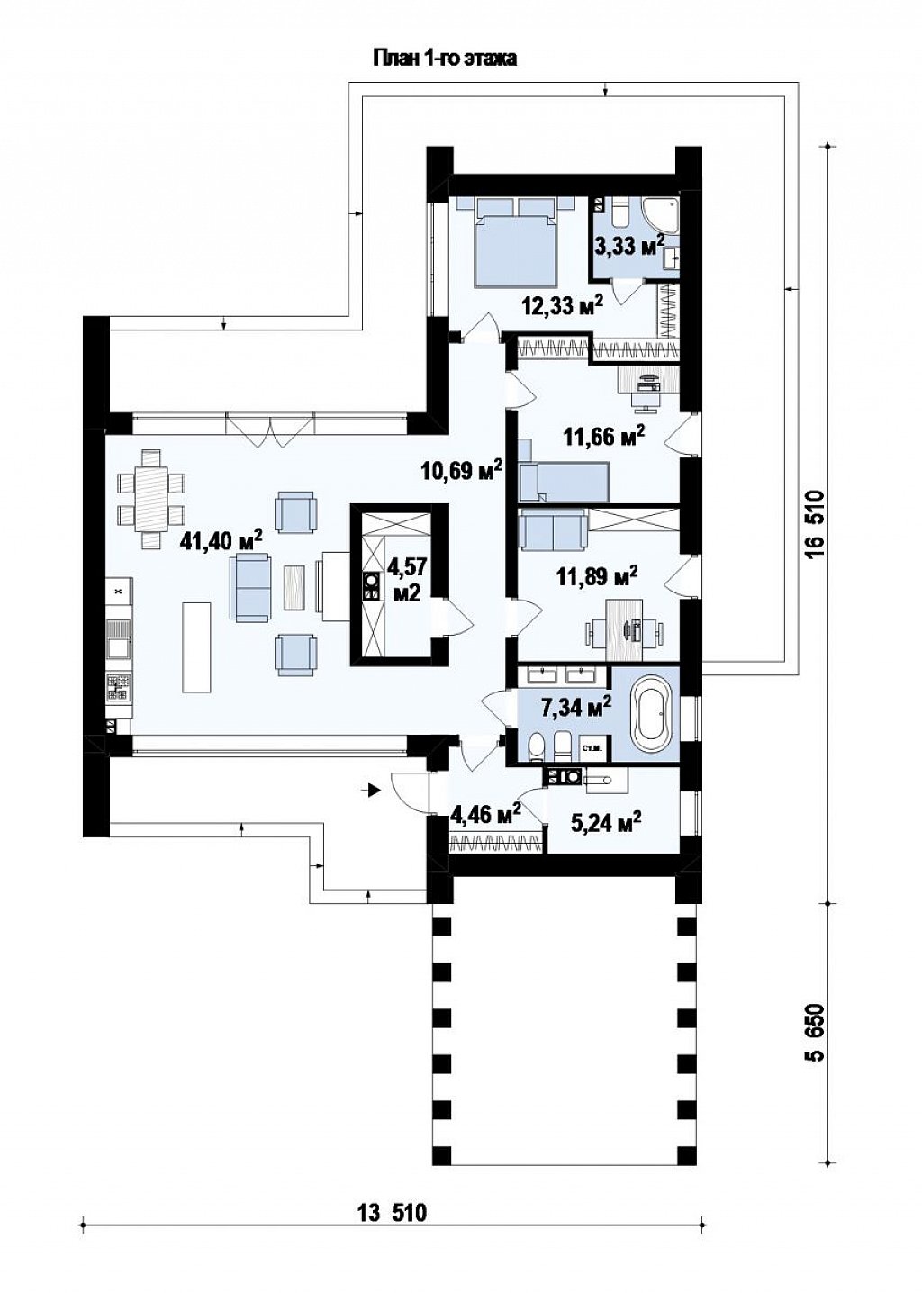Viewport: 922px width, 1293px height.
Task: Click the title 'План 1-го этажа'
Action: (x=445, y=59)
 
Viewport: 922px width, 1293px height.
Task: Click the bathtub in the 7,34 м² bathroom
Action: (x=654, y=713)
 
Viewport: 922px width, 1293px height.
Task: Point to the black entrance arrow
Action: (x=374, y=791)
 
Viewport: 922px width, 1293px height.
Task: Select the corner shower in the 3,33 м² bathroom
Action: (x=662, y=214)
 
